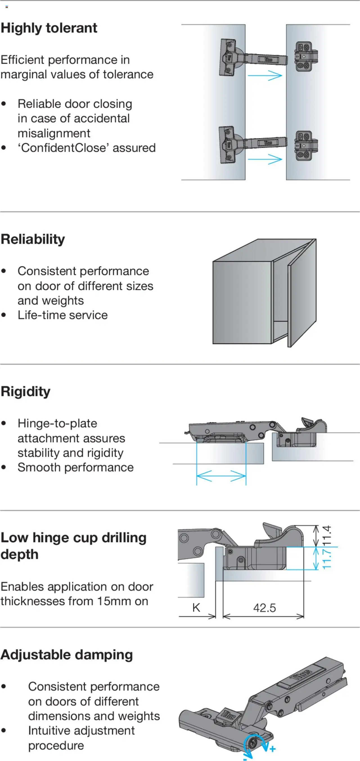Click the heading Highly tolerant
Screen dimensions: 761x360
point(49,28)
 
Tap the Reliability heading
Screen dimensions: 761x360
point(33,239)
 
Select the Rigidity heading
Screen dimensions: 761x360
point(26,391)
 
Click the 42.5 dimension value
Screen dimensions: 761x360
point(264,608)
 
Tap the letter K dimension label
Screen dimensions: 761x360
point(196,608)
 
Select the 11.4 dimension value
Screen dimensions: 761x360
point(327,535)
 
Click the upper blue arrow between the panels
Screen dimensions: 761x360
point(265,76)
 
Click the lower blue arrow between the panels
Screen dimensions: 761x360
point(265,159)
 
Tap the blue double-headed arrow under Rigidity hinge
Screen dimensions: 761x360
point(221,476)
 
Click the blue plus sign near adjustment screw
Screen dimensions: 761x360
point(273,749)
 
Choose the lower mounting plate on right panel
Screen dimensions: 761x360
point(306,146)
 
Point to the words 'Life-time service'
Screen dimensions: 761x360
point(63,315)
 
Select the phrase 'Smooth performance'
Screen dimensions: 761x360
point(76,467)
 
